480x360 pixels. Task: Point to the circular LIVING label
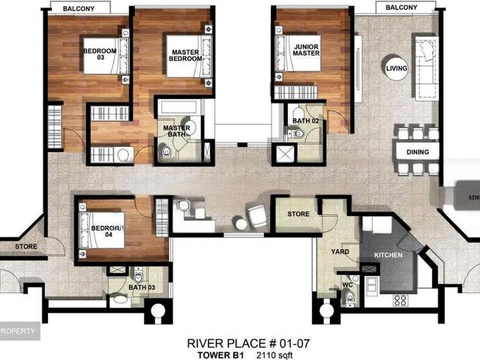click(397, 68)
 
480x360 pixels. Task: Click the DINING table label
click(418, 152)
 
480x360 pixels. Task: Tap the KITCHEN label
click(388, 256)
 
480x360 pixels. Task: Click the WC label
click(346, 285)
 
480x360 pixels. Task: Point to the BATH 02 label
click(305, 120)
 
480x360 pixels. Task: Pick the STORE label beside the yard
click(298, 214)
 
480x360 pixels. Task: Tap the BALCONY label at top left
click(78, 8)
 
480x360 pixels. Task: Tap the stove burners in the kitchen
click(400, 299)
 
